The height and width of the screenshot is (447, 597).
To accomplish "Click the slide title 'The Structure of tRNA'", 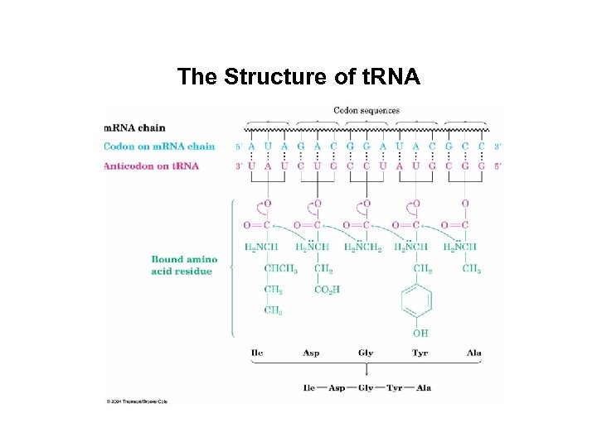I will click(x=298, y=78).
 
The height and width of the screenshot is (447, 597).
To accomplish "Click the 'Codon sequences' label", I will click(x=366, y=110).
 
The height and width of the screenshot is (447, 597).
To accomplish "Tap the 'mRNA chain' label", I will click(x=134, y=128).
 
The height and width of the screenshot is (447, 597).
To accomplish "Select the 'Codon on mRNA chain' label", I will click(x=159, y=147).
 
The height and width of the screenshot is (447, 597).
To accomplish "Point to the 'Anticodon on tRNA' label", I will click(x=151, y=166).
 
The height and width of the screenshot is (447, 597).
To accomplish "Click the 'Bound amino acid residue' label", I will click(x=184, y=266).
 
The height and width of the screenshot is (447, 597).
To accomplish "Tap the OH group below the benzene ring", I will click(x=420, y=333).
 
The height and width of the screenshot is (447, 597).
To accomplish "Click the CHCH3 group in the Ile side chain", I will click(x=281, y=268).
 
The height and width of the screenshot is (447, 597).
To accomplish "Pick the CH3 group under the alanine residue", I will click(x=471, y=268).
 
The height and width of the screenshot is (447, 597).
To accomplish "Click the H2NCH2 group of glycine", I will click(x=362, y=247).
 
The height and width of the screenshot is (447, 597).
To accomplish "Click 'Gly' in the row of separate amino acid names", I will click(x=366, y=353).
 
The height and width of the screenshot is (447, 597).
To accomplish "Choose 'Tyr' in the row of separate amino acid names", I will click(x=420, y=353).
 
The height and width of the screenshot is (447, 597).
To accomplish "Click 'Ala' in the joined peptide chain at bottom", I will click(x=423, y=387).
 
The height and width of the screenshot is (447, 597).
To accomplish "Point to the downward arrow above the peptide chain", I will click(x=366, y=371).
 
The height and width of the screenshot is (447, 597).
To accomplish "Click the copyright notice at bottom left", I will click(x=138, y=401).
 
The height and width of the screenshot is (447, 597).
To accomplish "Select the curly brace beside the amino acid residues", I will click(x=231, y=266).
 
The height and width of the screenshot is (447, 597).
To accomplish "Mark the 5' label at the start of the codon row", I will click(x=239, y=147).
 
